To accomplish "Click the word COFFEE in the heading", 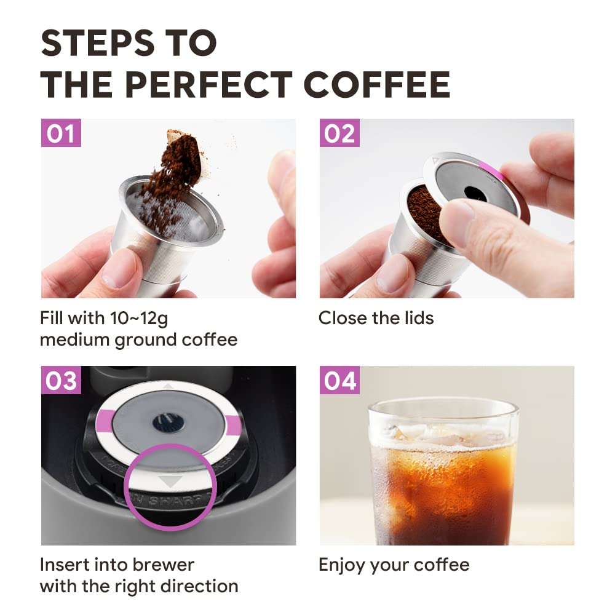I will pos(377,84).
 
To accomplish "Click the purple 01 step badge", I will pos(61,133).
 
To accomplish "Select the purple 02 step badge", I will pos(339,133).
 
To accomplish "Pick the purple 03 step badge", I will pos(61,381).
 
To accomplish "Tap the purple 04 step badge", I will pos(339,381).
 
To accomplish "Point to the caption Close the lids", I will pos(376,318).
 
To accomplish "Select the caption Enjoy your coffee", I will pos(394,565).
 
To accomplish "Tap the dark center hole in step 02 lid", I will pos(473,192).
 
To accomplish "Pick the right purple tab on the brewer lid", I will pos(232,424).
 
